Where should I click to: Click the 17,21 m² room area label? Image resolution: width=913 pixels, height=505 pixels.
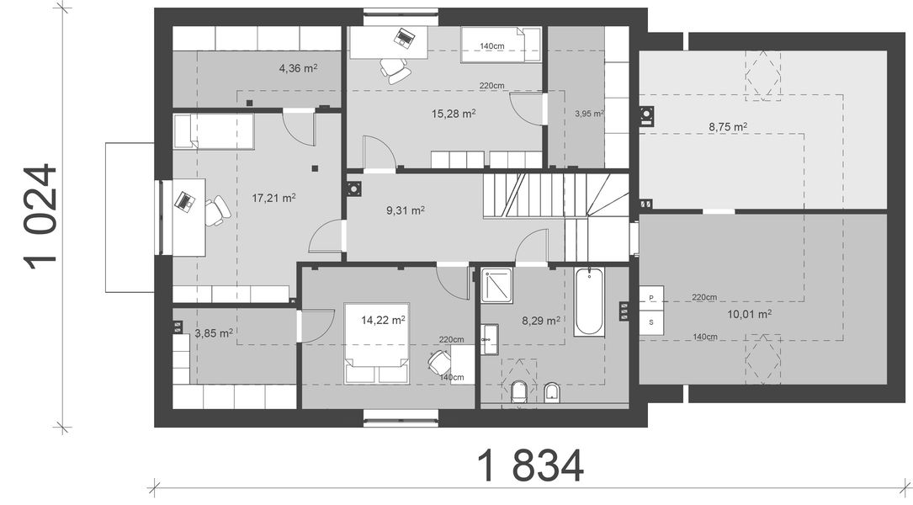coord(273,198)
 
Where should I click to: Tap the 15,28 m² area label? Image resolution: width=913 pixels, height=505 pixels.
coord(454,114)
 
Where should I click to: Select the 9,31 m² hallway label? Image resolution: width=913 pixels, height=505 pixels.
coord(406,210)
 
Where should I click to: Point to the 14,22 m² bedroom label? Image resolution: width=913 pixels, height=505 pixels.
coord(383,320)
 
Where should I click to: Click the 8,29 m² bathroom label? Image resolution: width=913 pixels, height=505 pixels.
coord(541,320)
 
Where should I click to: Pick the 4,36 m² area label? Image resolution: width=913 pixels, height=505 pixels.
coord(298,68)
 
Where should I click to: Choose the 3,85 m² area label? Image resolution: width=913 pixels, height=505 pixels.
coord(214,333)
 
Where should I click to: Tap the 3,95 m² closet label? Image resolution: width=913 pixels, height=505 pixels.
coord(589,114)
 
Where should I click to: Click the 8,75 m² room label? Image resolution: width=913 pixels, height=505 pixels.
coord(728,126)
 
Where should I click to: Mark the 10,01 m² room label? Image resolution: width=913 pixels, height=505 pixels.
coord(750,315)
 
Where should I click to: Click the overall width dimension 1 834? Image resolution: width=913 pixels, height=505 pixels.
coord(530,465)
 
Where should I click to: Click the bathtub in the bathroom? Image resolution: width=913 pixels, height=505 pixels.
coord(589,301)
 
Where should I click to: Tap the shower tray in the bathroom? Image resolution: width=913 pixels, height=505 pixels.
coord(496,285)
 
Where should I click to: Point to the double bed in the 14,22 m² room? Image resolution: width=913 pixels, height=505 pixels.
coord(376,343)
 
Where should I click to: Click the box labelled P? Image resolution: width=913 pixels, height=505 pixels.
coord(651,298)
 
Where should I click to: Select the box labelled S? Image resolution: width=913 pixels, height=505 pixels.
coord(651,322)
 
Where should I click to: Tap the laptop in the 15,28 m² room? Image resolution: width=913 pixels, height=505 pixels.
coord(404,38)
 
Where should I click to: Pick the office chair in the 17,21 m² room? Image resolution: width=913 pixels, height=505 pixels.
coord(216,210)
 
